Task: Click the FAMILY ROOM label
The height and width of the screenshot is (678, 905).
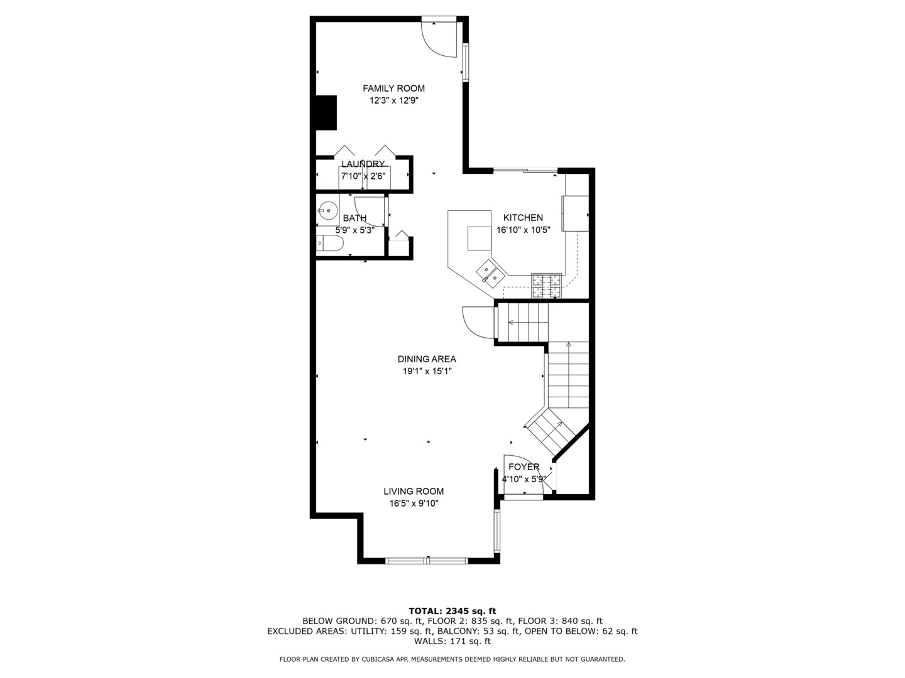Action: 393,89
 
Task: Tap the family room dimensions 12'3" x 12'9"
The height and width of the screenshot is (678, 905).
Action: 393,100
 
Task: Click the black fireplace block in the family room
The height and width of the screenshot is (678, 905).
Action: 326,112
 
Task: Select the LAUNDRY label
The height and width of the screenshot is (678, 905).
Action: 363,164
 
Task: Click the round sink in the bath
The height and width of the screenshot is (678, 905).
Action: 327,210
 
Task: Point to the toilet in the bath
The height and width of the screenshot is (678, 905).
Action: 330,244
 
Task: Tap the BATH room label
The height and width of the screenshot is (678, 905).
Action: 354,218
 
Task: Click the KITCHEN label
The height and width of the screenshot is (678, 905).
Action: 523,218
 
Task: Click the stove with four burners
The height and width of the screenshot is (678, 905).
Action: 546,285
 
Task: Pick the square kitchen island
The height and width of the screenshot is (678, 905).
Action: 479,237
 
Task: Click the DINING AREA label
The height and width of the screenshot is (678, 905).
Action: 427,360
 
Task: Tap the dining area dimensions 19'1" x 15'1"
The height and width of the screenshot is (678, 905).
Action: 427,372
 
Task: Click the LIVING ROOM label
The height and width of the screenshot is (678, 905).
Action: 414,492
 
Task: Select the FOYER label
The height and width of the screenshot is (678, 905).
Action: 524,467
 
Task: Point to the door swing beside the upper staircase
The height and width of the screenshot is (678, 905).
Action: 478,322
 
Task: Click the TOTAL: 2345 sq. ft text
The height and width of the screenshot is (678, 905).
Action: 452,611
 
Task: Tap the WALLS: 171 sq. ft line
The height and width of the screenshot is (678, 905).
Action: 452,642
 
